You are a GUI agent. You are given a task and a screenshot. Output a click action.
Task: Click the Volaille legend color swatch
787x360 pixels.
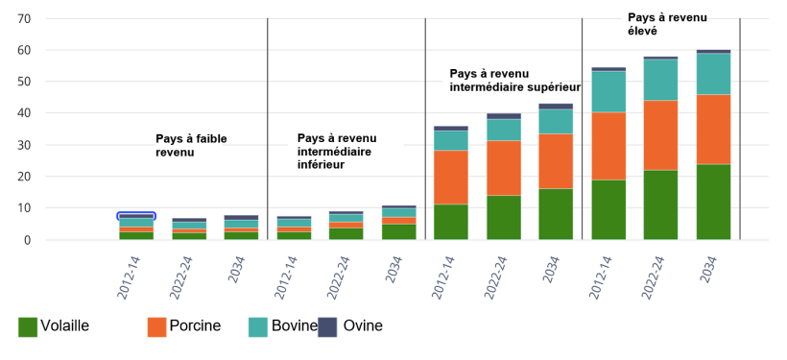pos(28,326)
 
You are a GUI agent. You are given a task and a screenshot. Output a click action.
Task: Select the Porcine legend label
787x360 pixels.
pos(195,326)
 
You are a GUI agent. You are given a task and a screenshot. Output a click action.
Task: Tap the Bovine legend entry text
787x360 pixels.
pos(294,326)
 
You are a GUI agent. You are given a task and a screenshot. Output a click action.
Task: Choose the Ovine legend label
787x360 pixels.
pos(363,326)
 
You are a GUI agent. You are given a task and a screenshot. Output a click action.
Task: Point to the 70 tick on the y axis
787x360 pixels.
pos(24,18)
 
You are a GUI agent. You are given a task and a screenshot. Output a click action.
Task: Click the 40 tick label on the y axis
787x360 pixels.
pos(24,113)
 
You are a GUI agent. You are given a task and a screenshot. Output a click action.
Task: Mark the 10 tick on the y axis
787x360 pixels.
pos(24,208)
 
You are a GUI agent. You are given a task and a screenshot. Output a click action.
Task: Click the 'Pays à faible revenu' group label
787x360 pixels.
pos(191,145)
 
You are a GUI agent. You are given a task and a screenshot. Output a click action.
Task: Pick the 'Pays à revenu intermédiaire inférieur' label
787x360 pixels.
pos(336,152)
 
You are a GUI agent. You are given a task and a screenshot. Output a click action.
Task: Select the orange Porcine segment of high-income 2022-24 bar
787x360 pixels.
pos(660,134)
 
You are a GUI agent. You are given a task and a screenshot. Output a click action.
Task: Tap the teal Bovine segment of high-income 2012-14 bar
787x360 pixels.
pos(608,92)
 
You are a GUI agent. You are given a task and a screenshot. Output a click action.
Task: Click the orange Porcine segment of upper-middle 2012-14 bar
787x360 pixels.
pos(451,177)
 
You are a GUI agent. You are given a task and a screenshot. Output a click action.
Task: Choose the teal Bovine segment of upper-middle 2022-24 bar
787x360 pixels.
pos(503,130)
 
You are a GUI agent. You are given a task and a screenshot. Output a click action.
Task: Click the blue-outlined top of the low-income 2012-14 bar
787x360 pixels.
pos(136,216)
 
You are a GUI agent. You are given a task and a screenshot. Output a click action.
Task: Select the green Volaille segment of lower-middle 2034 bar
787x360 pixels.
pos(398,231)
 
